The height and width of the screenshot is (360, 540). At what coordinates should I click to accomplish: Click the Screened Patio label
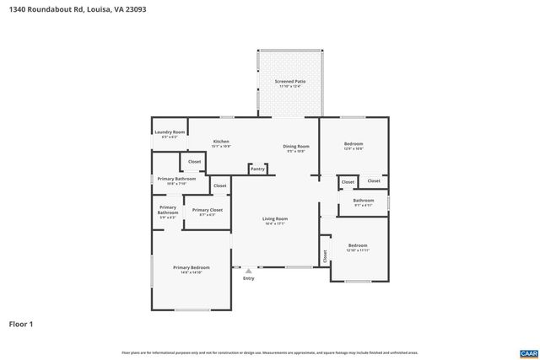click(290, 82)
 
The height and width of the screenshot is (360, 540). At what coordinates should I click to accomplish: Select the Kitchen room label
click(221, 141)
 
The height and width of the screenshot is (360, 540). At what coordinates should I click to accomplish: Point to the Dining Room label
click(295, 146)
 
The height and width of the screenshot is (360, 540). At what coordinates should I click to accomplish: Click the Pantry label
click(257, 169)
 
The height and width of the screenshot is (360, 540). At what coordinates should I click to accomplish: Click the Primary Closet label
click(207, 210)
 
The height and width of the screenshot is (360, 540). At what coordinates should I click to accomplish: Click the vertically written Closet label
click(325, 255)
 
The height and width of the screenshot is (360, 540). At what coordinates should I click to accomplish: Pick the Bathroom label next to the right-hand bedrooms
click(364, 200)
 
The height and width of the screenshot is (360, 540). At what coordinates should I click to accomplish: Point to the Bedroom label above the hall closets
click(354, 143)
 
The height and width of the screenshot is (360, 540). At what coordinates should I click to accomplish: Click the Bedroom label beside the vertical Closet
click(358, 245)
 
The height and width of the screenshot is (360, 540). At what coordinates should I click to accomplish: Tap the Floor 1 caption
click(20, 322)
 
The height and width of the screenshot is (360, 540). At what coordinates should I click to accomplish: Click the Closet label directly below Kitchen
click(194, 161)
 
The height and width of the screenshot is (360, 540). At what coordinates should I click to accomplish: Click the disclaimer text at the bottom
click(270, 352)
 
